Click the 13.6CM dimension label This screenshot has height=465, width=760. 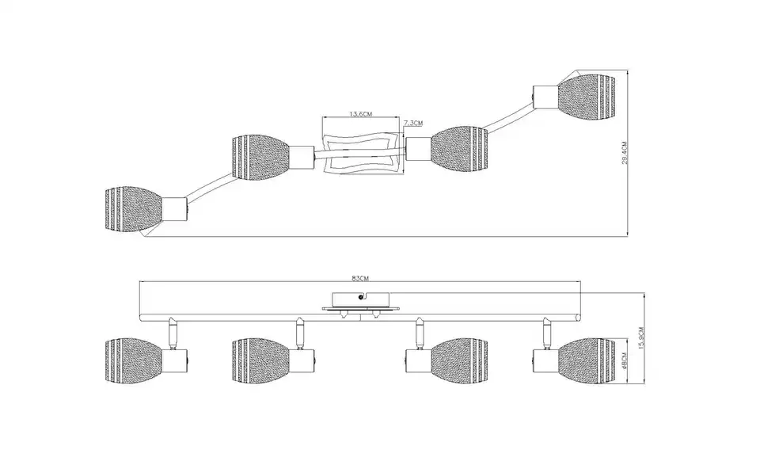tap(361, 114)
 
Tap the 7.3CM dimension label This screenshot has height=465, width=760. tap(413, 123)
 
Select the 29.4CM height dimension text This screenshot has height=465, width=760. tap(625, 153)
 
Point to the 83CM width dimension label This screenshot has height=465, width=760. tap(360, 278)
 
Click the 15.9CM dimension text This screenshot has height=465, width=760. tap(641, 338)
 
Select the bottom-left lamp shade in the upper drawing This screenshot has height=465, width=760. tap(133, 209)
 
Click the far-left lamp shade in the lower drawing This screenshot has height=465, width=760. tap(133, 360)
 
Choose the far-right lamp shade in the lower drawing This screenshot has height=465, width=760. tap(587, 360)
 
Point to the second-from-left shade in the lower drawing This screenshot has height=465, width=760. tap(260, 360)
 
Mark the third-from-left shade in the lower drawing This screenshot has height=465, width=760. tap(459, 360)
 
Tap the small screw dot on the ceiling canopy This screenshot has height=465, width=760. tap(361, 297)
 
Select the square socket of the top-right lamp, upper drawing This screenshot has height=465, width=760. tap(545, 97)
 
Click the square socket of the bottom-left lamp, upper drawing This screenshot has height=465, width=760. tap(174, 209)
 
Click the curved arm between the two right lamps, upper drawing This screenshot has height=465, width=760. tap(507, 118)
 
